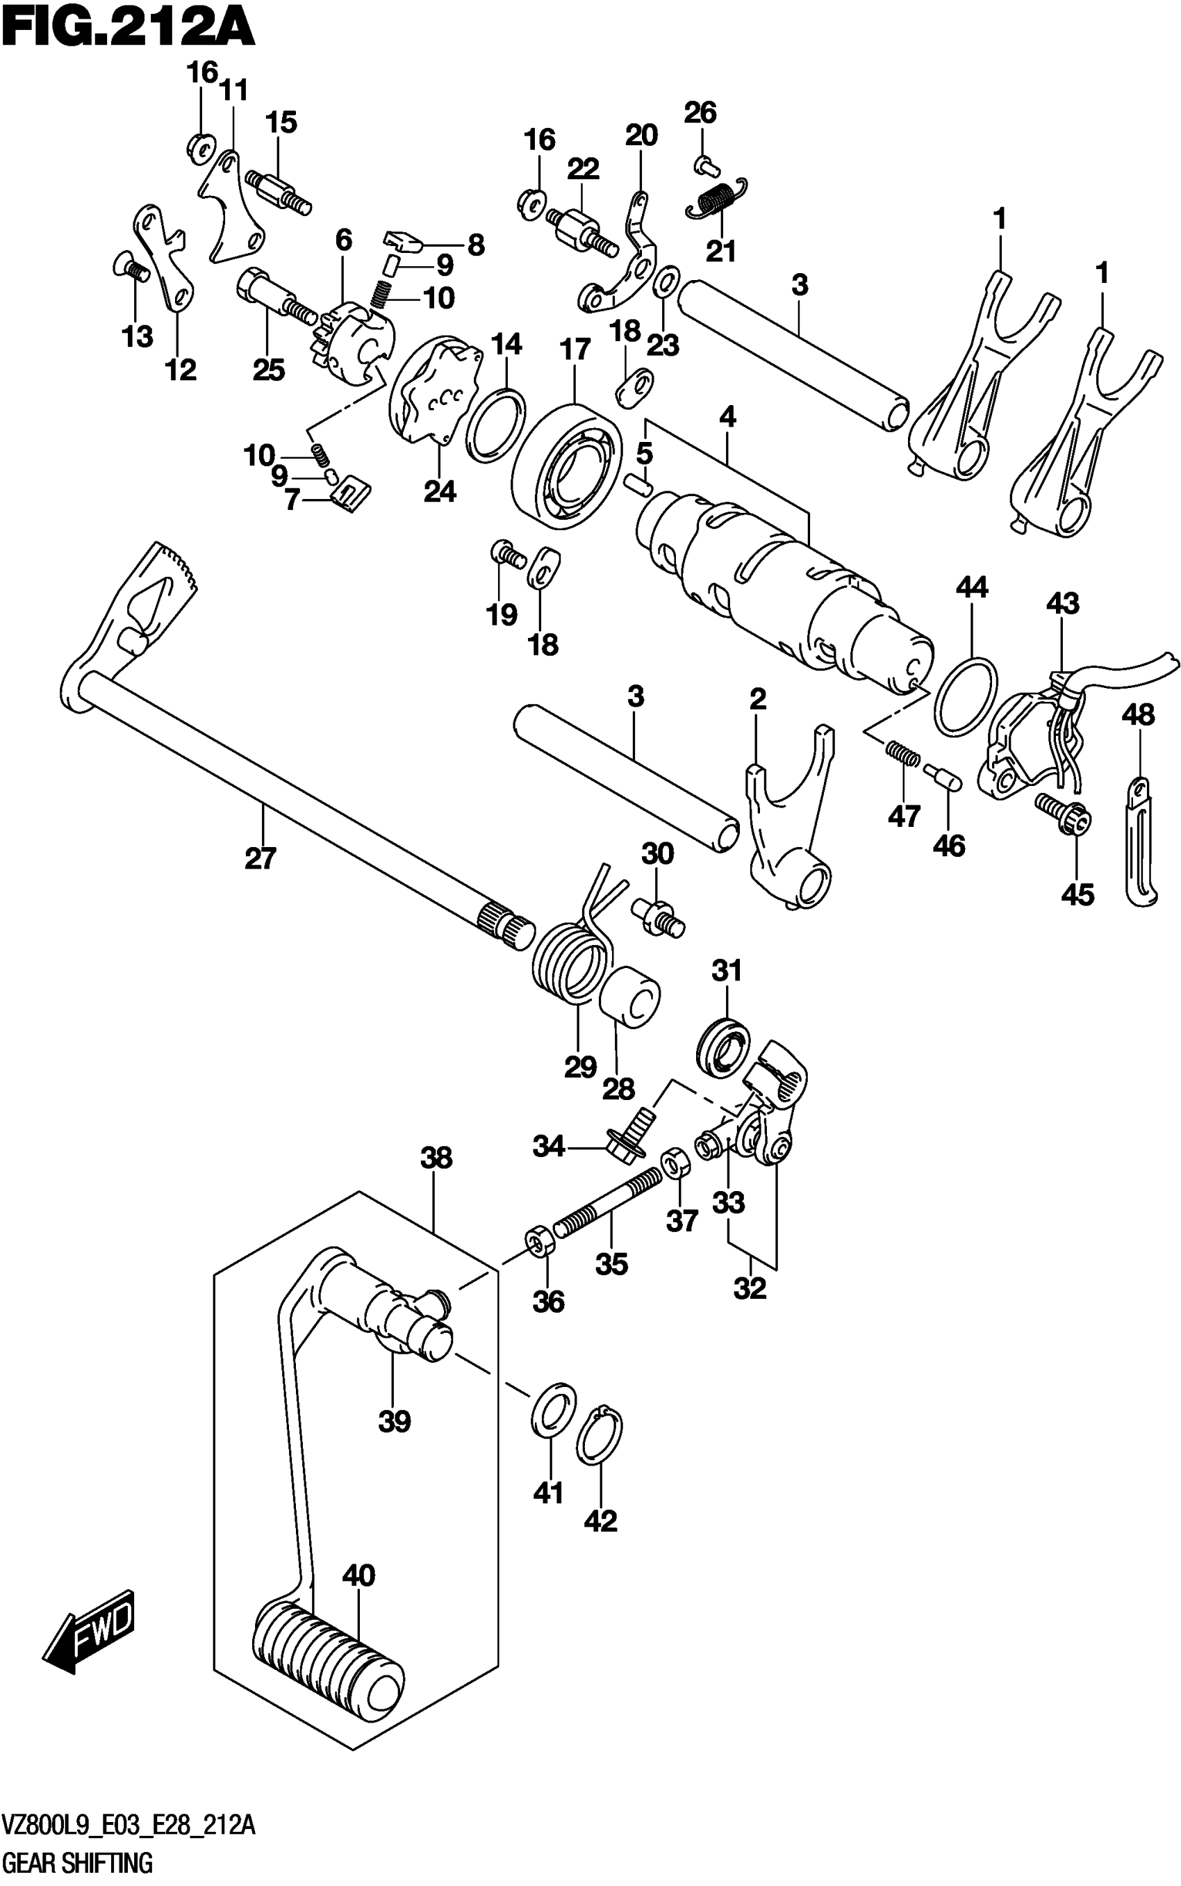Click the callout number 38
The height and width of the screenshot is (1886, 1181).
436,1157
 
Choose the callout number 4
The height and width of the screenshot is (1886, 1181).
727,417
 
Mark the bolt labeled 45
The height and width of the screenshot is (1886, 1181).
1063,816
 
